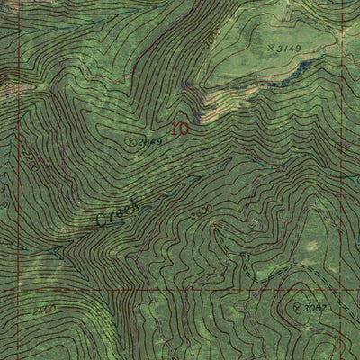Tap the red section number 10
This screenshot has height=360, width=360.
click(180, 129)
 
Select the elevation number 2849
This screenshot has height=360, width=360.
click(149, 142)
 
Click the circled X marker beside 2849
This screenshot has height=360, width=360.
click(131, 141)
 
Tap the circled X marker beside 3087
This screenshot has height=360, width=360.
click(298, 307)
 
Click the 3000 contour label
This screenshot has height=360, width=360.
click(211, 39)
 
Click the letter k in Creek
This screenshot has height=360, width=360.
click(137, 202)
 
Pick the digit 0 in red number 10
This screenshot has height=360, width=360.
click(185, 129)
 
